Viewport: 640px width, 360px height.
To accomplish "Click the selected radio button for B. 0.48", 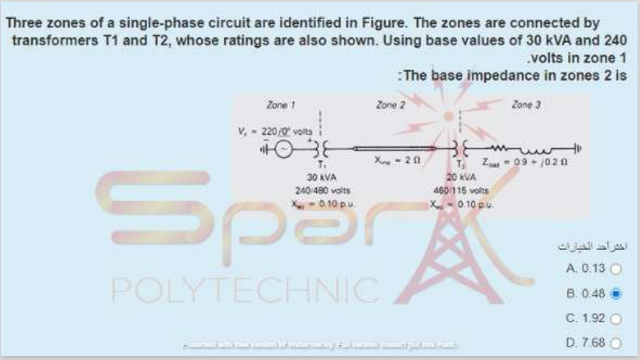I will point(616,294).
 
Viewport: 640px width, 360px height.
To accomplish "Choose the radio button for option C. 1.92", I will point(616,320).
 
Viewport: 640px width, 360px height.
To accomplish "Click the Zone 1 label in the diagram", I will point(279,104).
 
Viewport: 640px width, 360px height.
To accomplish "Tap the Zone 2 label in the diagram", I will point(390,104).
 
